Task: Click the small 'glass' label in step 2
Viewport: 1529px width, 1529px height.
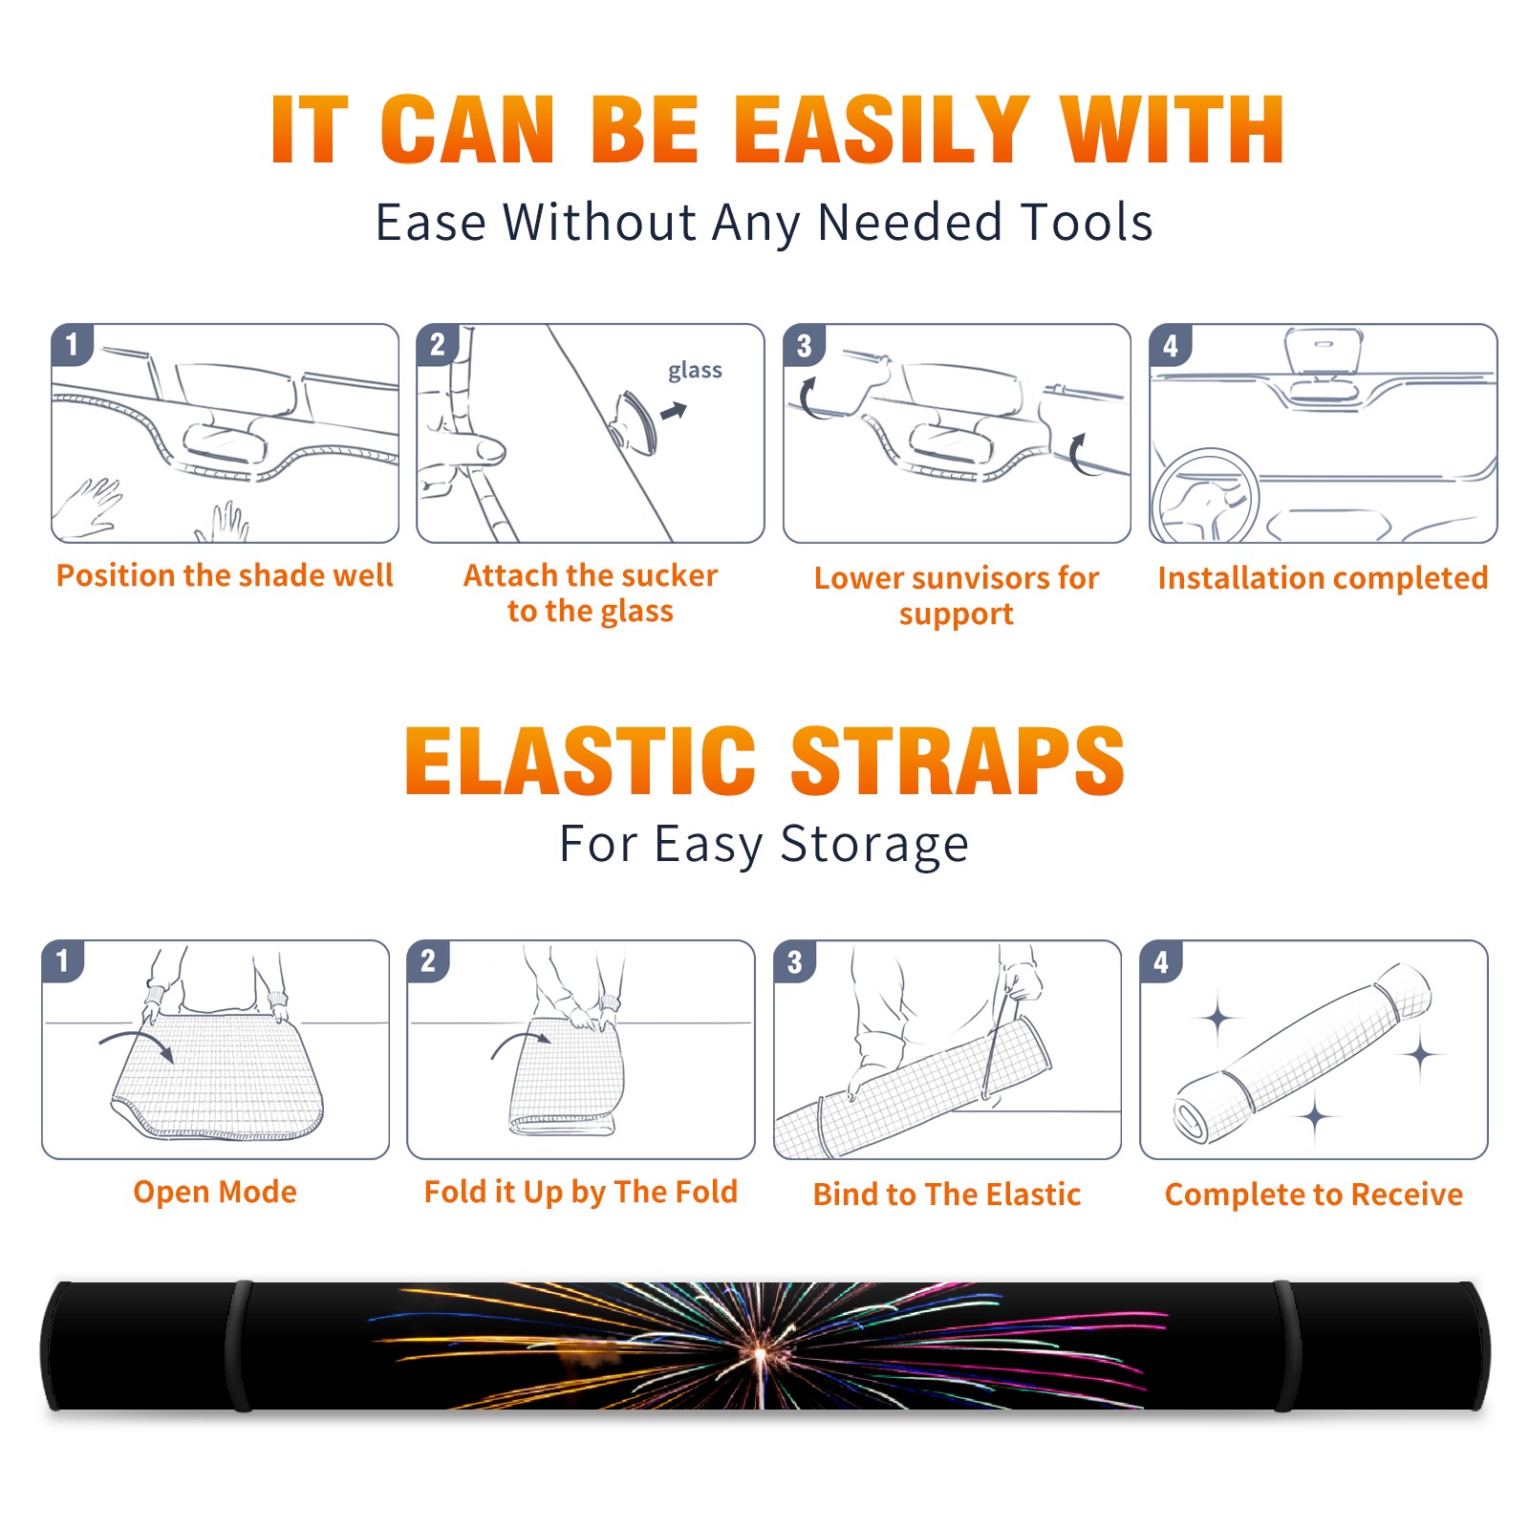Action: tap(695, 371)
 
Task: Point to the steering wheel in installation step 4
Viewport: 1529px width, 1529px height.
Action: tap(1206, 497)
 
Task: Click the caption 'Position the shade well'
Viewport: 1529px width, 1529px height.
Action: tap(225, 575)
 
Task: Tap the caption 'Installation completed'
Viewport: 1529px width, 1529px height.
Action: tap(1323, 578)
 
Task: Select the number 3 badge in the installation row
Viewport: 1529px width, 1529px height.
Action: tap(804, 345)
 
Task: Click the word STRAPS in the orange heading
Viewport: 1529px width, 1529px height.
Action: tap(958, 761)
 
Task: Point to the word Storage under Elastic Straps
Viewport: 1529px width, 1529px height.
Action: tap(874, 846)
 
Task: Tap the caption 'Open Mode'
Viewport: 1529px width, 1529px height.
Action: tap(215, 1193)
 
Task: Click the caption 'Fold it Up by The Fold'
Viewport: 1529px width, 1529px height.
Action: tap(581, 1193)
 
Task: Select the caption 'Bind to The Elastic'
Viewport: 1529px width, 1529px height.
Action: tap(947, 1195)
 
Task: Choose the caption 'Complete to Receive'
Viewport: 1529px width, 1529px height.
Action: tap(1314, 1195)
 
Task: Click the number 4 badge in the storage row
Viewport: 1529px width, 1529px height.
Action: tap(1161, 961)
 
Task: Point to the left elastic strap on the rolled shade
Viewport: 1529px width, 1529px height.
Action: tap(239, 1346)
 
